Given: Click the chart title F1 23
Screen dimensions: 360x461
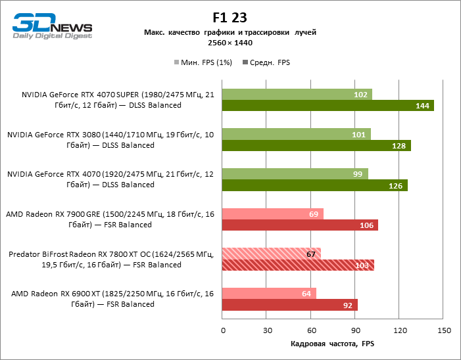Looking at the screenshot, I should point(230,18).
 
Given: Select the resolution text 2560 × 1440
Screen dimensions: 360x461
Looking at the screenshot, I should point(230,43).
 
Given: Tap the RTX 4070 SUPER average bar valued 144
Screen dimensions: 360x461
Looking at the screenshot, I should point(328,105).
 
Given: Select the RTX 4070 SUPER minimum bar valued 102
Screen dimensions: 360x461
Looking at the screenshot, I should point(297,95).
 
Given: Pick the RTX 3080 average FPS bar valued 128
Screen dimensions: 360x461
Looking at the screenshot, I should point(316,145).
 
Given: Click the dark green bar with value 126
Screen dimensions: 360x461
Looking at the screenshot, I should point(315,185).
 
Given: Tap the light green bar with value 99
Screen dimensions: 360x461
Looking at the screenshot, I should point(295,174).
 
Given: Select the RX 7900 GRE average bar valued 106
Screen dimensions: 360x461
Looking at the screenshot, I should point(301,225).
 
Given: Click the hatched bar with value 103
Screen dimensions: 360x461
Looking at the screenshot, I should point(298,265).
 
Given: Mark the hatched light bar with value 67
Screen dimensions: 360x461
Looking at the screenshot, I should point(272,254).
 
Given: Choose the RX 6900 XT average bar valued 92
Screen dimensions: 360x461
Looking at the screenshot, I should point(290,305).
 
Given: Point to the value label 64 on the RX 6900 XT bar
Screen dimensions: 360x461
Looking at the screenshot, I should point(306,294).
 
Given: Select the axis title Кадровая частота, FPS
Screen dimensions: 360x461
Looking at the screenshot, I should point(333,344).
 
